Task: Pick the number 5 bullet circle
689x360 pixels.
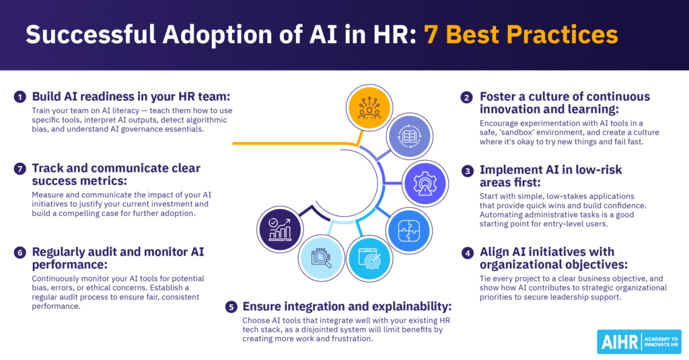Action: (x=231, y=306)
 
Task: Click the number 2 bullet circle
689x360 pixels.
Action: (x=466, y=97)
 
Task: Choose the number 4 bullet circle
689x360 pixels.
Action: (x=466, y=253)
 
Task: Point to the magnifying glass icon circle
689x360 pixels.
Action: (x=320, y=258)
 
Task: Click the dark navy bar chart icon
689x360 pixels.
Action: (x=281, y=229)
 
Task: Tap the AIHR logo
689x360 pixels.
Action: (x=639, y=341)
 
